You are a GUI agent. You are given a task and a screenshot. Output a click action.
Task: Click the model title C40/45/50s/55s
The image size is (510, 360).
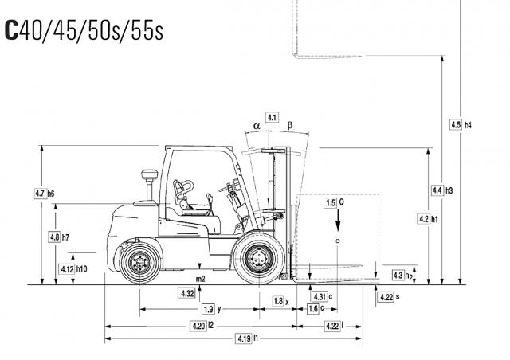(x=84, y=31)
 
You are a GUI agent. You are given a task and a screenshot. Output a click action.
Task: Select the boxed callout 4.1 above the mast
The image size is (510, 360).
(x=272, y=117)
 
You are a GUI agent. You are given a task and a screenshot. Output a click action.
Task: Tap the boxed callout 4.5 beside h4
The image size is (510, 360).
(x=456, y=124)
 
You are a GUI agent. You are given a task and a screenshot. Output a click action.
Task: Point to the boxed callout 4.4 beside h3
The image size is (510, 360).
(x=437, y=190)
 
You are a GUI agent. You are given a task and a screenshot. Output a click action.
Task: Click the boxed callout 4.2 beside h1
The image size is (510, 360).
(x=424, y=219)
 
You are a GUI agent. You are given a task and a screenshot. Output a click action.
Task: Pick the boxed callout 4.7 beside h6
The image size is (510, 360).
(x=41, y=194)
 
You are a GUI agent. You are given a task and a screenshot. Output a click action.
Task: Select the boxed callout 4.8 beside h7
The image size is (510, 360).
(x=54, y=237)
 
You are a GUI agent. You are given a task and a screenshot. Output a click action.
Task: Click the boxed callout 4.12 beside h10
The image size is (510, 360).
(x=67, y=269)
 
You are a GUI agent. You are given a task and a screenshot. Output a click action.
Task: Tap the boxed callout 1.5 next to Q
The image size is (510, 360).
(x=331, y=203)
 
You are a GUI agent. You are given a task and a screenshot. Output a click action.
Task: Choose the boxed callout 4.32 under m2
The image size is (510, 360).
(x=188, y=293)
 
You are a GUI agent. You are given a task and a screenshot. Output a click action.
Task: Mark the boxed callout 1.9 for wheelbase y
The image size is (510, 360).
(x=208, y=309)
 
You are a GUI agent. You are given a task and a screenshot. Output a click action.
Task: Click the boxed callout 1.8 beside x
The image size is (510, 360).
(x=278, y=301)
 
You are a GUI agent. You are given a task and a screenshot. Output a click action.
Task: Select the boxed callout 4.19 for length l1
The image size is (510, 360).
(x=244, y=338)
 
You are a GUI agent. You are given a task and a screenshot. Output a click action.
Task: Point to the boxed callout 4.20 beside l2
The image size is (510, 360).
(x=198, y=326)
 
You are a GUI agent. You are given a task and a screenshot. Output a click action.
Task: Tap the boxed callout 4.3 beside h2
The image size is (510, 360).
(x=398, y=275)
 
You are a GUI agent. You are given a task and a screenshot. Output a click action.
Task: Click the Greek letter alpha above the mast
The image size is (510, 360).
(x=257, y=126)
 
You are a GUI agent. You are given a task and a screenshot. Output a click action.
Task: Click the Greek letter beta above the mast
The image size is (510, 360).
(x=290, y=125)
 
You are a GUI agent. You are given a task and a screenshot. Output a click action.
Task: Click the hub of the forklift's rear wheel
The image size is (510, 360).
(x=140, y=262)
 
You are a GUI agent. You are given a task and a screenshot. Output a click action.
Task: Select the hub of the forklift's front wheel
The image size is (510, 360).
(x=259, y=259)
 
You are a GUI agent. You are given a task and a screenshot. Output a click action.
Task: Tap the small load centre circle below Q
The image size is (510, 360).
(x=338, y=241)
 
